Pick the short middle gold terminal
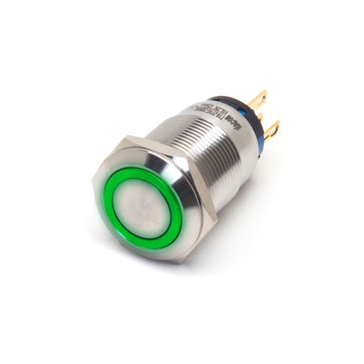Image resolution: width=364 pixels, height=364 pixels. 260,115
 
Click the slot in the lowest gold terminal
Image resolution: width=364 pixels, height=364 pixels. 275,127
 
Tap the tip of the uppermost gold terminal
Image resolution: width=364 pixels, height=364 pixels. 265,93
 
